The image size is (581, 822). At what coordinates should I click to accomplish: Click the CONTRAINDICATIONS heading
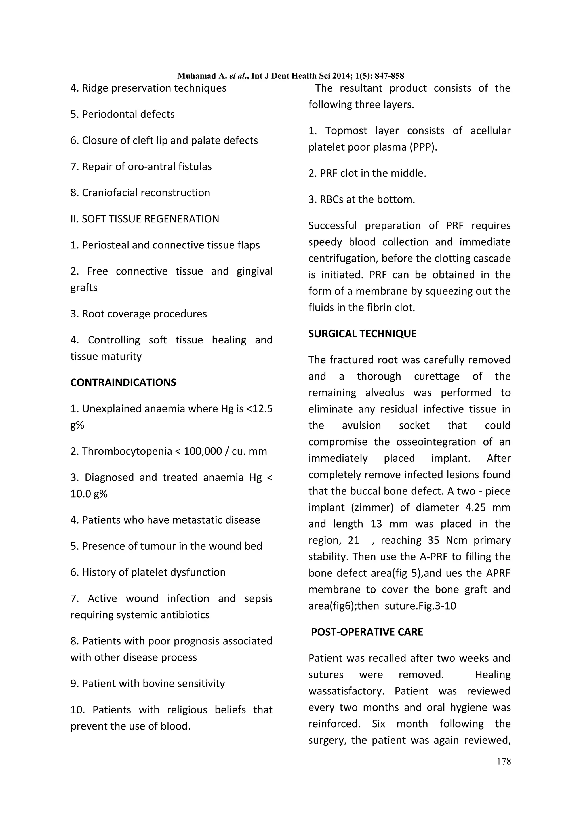[123, 382]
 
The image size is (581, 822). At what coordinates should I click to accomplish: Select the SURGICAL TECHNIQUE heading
[362, 333]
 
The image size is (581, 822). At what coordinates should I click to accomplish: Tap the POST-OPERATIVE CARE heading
[367, 632]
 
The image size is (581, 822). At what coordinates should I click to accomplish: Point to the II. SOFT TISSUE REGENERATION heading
[145, 219]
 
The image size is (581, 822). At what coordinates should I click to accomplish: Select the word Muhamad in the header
[197, 76]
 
